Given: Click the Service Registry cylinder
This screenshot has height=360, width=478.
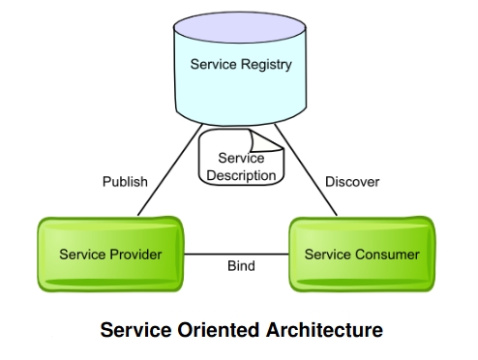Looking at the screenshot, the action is tap(240, 69).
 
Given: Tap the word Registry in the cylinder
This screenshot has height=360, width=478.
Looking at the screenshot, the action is tap(266, 65).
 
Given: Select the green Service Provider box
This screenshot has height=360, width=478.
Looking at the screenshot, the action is tap(110, 255).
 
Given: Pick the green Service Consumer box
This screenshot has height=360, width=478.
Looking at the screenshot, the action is tap(362, 255).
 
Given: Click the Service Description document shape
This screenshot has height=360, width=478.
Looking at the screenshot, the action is tap(241, 158).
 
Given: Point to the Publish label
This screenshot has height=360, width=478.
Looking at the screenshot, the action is tap(125, 182).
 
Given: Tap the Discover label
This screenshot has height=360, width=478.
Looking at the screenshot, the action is tap(352, 182).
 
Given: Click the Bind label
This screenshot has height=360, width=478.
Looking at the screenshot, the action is tap(241, 266).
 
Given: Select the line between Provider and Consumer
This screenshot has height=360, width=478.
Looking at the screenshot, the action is tap(236, 255).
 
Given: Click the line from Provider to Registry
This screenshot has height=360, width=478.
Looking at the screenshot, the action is tap(170, 169).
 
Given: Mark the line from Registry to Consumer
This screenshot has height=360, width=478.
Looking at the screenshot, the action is tap(306, 169).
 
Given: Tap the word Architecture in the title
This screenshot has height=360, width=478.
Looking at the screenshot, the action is tap(325, 330).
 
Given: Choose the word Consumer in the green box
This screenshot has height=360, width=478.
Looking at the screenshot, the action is tap(387, 255).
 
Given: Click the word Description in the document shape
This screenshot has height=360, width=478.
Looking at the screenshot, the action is tap(241, 175).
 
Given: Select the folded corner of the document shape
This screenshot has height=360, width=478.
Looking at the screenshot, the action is tap(265, 141).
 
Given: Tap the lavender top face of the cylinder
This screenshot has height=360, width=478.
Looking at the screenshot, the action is tap(240, 27).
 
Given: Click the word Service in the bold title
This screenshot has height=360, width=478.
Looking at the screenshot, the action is tap(135, 330).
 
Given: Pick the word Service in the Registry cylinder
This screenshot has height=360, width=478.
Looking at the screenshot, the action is tap(213, 64).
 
